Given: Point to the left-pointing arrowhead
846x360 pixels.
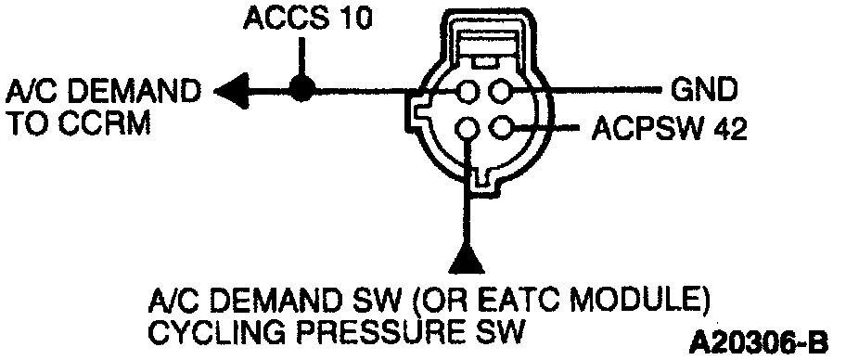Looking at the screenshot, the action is pos(232,90).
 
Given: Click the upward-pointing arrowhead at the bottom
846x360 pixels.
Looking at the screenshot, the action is pos(468,258).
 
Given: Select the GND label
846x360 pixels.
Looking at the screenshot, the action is pos(703,90).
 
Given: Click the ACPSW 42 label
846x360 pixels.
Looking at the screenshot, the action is pos(669,129).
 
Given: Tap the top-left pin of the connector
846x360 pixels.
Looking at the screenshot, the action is pos(468,91).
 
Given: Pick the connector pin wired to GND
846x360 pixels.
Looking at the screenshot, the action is pos(500,91).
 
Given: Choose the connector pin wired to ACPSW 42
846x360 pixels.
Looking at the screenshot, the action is pos(500,128).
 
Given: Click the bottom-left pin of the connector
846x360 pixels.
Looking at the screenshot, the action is pos(467,128).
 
